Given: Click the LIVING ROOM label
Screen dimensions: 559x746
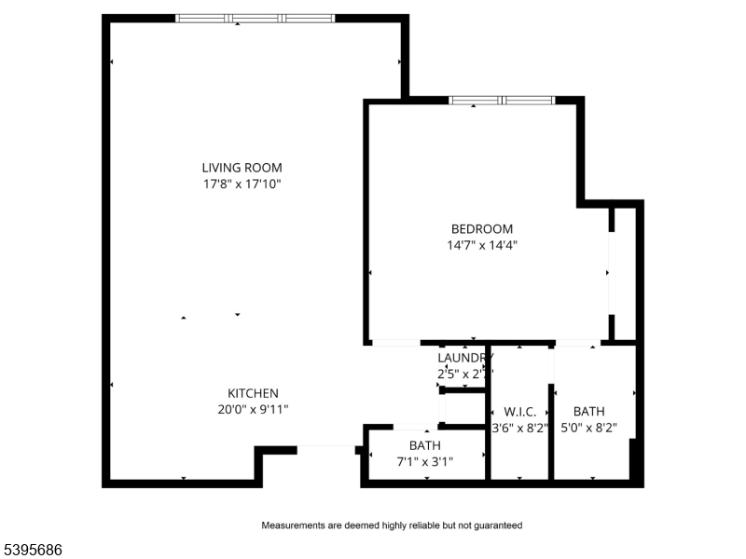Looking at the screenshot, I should pos(242,168).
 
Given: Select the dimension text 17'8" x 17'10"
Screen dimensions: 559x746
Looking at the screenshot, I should pos(242,184).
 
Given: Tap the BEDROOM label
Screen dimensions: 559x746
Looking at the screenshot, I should pos(482,229).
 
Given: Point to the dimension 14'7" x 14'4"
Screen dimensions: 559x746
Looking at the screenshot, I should pos(482,246).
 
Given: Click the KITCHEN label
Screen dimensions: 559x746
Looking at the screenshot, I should pos(254,393).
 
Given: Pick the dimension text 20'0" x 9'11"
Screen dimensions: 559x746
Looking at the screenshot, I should pos(254,410).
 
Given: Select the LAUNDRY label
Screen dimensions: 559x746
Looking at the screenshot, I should pos(464,358).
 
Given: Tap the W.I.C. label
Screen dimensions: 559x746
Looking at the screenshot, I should pos(520,412).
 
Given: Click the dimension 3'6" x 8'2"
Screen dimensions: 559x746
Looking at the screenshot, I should pos(520,429).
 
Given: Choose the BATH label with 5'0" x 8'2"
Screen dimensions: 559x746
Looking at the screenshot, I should pos(588,412).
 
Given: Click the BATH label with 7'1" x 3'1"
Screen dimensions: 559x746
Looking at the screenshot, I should pos(424,445).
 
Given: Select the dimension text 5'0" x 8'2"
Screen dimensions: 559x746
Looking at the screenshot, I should pos(588,429).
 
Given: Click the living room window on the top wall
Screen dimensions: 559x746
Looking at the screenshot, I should pos(255,18).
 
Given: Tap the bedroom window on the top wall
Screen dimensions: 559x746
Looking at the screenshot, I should pos(502,100).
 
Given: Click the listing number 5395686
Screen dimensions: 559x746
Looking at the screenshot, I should pos(32,551).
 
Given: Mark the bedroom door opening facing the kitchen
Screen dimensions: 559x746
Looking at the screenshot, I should pos(395,343).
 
